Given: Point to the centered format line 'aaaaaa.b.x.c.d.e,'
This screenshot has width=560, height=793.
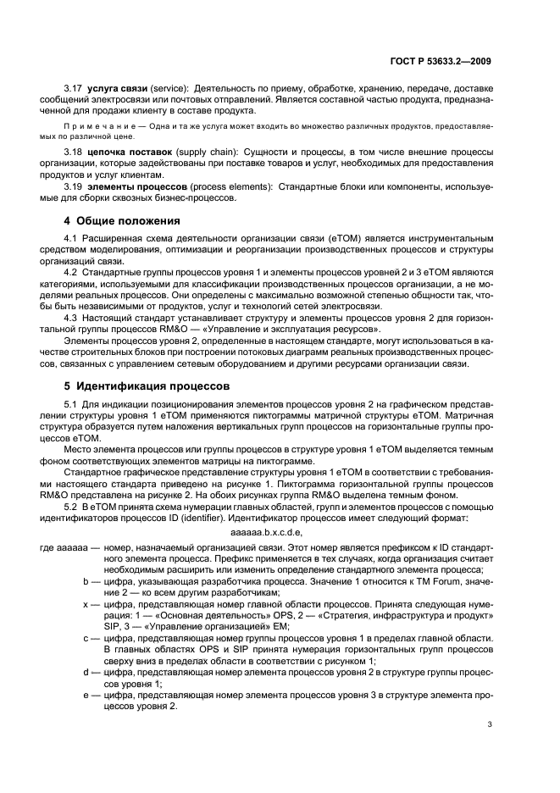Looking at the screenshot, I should [x=266, y=532].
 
